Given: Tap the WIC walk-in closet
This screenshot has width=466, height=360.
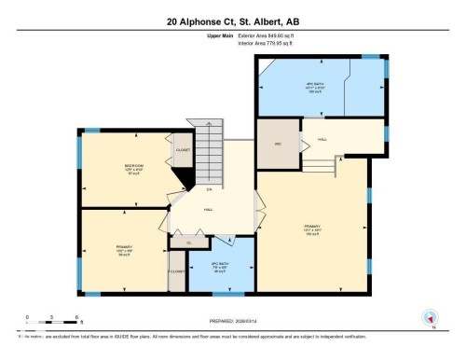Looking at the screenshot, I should pyautogui.click(x=278, y=144).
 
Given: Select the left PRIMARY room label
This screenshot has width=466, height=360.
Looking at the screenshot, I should pyautogui.click(x=122, y=249).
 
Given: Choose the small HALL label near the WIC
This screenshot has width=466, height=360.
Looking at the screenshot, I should pyautogui.click(x=322, y=139).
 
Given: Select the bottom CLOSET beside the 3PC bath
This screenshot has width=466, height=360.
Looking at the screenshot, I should pyautogui.click(x=177, y=271).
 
